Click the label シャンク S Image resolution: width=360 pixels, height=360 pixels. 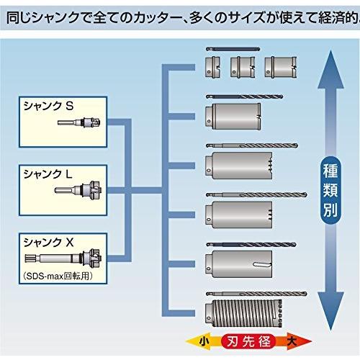pos(48,106)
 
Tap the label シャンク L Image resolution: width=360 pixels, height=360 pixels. pos(48,174)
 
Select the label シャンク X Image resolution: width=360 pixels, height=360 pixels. pos(48,243)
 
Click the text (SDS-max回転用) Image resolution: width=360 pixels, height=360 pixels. pos(58,276)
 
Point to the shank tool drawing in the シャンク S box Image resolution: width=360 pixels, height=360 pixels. pos(78,122)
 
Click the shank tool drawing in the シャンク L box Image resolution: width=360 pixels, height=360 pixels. pos(78,190)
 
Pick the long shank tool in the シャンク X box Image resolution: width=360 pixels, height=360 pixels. pos(63,258)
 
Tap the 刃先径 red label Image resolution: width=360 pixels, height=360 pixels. pos(248,341)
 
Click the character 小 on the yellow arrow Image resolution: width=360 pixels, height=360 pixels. pos(204,341)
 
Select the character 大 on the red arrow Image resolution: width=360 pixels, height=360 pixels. pos(292,341)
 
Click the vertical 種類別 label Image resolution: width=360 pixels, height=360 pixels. pos(330,190)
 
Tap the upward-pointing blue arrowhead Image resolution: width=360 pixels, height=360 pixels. pos(330,70)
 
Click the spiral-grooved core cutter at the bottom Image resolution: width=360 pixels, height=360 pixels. pos(243,313)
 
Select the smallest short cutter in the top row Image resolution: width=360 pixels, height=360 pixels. pos(212,67)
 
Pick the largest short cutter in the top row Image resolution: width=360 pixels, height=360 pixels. pos(281,67)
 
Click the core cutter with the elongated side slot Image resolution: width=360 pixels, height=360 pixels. pos(239,264)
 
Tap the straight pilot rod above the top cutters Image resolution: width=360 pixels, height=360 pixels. pos(233,49)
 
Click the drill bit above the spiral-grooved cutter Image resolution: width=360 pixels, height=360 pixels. pos(256,294)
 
